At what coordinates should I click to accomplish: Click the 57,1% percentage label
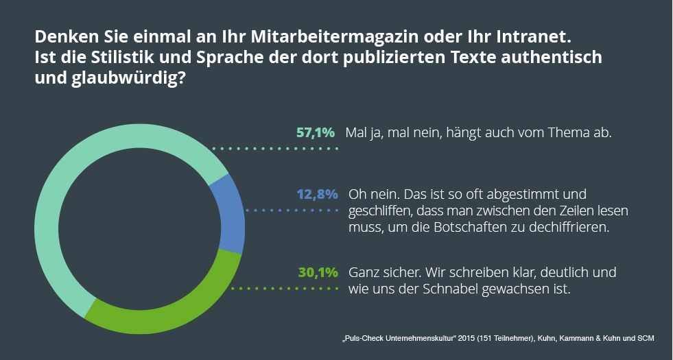pyautogui.click(x=315, y=132)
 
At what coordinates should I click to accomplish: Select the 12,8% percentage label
pyautogui.click(x=316, y=194)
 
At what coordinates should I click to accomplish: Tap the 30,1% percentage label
pyautogui.click(x=318, y=272)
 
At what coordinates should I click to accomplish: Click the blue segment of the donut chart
pyautogui.click(x=228, y=213)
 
